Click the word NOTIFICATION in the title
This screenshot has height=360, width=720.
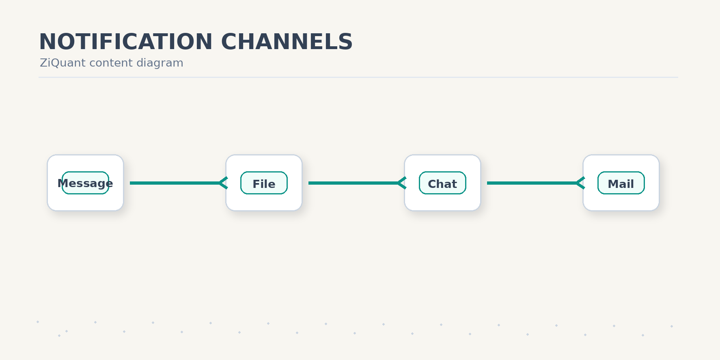click(126, 41)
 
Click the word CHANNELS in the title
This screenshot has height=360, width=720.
click(287, 41)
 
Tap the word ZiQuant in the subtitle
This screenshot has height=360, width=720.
click(63, 63)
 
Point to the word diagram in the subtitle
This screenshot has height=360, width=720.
click(160, 63)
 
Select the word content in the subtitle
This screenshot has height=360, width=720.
click(111, 63)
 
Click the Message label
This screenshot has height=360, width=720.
click(85, 183)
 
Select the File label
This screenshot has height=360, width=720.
click(264, 184)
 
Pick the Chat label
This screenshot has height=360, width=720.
click(442, 184)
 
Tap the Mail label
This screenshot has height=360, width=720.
click(621, 184)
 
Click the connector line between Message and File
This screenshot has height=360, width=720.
click(178, 183)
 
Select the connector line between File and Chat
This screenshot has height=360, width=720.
click(357, 183)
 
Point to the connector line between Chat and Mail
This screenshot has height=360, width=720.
click(535, 183)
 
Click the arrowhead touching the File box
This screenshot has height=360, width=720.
click(223, 183)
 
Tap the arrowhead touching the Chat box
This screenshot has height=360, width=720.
click(402, 183)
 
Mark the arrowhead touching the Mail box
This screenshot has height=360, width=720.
click(580, 183)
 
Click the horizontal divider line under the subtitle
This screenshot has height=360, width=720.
click(358, 77)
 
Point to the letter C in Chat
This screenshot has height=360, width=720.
click(432, 184)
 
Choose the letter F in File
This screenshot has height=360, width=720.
click(256, 184)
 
